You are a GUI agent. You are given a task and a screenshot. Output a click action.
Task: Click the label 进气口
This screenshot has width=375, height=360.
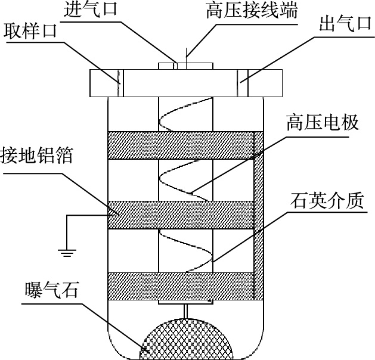[90, 10]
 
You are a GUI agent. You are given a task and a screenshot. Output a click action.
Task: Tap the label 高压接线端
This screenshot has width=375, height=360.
[252, 10]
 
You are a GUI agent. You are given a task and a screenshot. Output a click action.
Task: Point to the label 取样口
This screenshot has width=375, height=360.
[30, 31]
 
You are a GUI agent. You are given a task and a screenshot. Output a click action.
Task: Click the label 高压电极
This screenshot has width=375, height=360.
[323, 122]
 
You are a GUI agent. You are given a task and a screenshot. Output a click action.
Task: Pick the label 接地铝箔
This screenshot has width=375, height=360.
[36, 156]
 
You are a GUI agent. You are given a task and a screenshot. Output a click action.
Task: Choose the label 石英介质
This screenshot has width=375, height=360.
[327, 200]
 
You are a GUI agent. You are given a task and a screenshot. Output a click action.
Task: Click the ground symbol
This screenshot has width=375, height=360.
[67, 253]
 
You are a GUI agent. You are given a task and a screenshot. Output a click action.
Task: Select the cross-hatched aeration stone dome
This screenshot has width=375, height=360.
[187, 340]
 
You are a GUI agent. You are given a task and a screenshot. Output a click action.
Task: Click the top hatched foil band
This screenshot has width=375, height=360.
[181, 145]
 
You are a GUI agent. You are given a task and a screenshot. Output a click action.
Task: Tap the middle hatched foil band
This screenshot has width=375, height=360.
[181, 215]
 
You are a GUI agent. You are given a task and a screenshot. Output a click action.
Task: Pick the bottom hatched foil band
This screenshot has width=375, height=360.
[181, 286]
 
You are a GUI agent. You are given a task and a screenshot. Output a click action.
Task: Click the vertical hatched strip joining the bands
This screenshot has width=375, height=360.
[259, 216]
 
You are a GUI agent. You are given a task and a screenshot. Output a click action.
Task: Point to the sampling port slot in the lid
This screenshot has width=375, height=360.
[120, 83]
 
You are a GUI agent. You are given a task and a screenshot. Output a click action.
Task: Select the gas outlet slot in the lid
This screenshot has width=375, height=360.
[243, 83]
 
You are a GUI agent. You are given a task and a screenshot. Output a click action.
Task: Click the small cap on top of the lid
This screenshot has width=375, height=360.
[185, 66]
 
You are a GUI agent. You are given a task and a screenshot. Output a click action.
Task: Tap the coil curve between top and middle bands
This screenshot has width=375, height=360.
[183, 180]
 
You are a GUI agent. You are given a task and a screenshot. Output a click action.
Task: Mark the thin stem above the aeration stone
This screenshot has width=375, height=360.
[185, 311]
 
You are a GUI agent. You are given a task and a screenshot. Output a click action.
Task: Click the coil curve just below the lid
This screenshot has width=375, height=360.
[186, 114]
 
